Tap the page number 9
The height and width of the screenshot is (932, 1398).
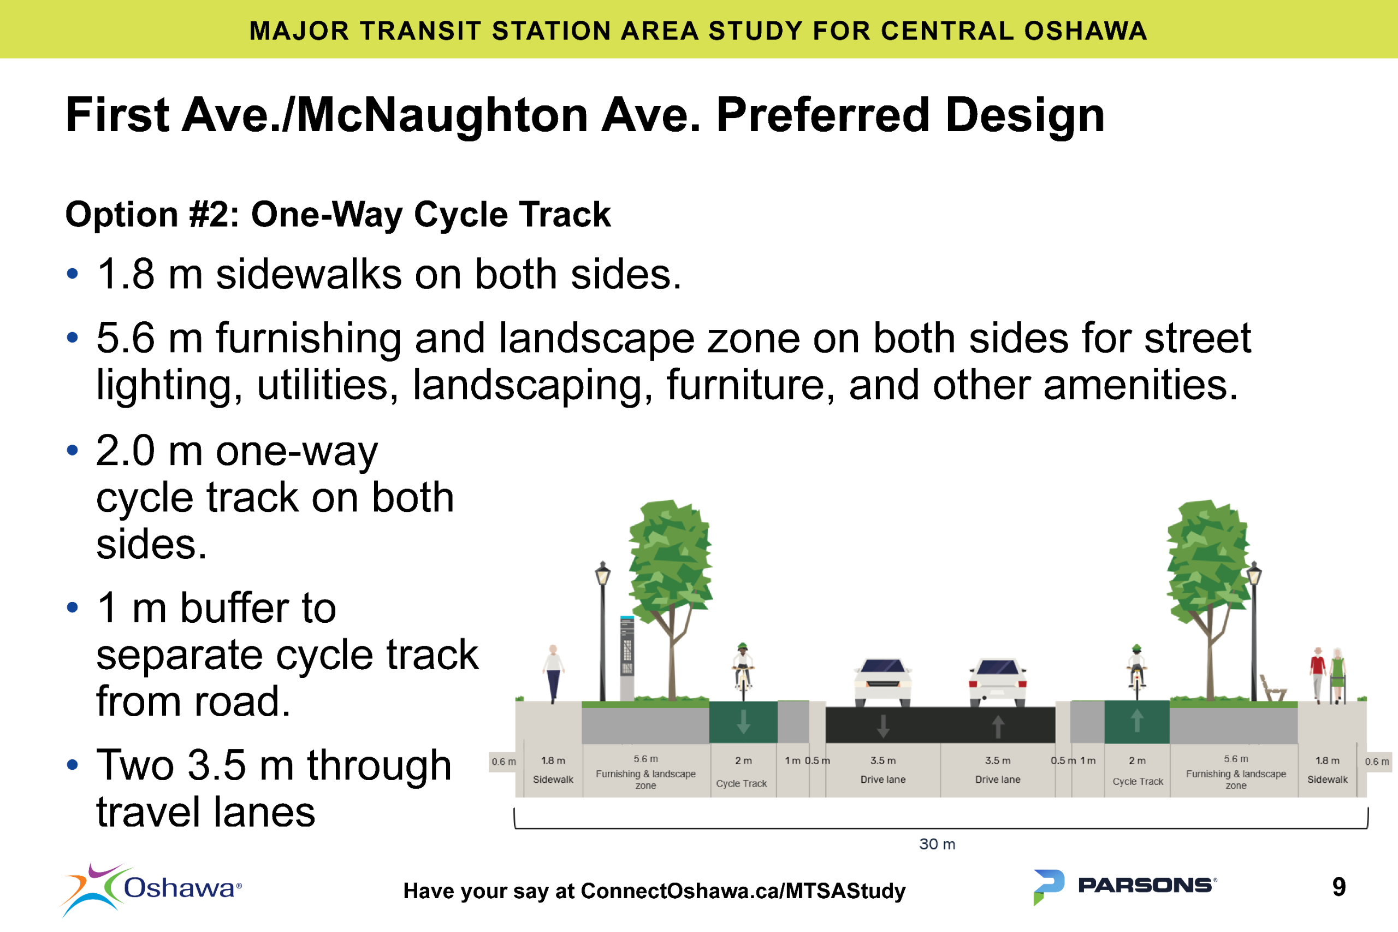click(1338, 887)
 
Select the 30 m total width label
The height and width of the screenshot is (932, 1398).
click(937, 844)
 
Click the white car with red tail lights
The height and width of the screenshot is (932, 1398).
click(998, 682)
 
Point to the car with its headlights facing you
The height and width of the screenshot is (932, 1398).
click(883, 682)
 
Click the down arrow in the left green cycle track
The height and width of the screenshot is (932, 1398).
click(743, 722)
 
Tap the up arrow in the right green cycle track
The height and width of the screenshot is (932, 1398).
click(1136, 721)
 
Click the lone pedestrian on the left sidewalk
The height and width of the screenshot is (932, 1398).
click(553, 673)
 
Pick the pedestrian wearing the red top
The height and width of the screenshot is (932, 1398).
click(1318, 673)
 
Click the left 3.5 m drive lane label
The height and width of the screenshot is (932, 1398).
click(883, 770)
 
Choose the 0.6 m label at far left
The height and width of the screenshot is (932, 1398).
click(503, 762)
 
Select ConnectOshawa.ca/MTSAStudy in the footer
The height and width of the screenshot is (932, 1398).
click(743, 891)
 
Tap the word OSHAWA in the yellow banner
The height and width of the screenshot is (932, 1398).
click(1085, 31)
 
